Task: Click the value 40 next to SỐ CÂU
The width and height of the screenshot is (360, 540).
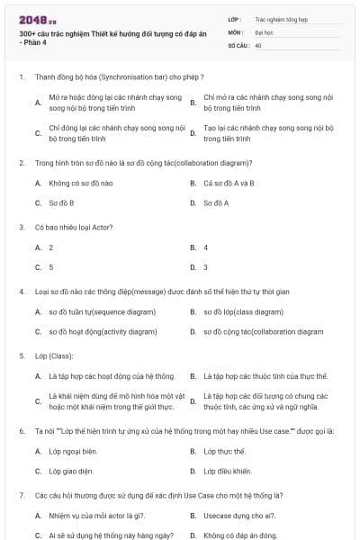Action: point(258,44)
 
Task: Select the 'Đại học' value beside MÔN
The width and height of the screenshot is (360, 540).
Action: point(264,31)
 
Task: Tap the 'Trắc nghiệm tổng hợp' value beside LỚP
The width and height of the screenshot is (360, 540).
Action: point(281,18)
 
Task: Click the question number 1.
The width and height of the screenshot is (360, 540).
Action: point(22,77)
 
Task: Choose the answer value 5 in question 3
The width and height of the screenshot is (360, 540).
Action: point(50,267)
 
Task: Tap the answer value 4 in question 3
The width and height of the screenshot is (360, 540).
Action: point(205,247)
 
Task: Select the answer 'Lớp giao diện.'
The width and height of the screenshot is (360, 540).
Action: point(70,471)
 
